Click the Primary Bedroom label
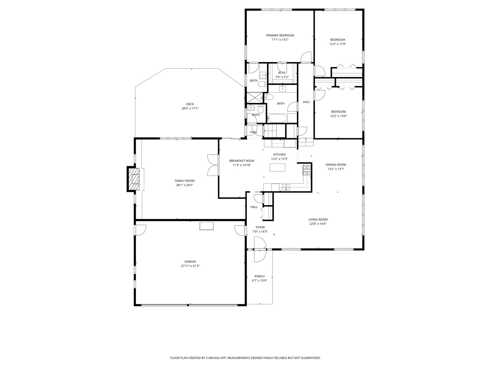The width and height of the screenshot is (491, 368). pyautogui.click(x=280, y=35)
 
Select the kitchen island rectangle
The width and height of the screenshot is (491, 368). pyautogui.click(x=278, y=167)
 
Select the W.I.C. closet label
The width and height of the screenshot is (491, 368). pyautogui.click(x=282, y=73)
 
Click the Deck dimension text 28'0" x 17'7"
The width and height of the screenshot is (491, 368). pyautogui.click(x=190, y=109)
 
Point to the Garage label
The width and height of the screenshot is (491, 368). pyautogui.click(x=190, y=262)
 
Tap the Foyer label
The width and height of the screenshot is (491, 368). pyautogui.click(x=260, y=227)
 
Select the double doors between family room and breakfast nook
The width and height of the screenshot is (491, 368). pyautogui.click(x=212, y=165)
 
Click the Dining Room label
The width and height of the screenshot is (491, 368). pyautogui.click(x=336, y=165)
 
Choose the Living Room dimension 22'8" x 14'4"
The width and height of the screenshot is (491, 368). pyautogui.click(x=318, y=224)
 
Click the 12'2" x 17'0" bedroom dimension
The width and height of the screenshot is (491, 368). pyautogui.click(x=338, y=44)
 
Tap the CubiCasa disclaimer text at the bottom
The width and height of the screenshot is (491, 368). pyautogui.click(x=245, y=358)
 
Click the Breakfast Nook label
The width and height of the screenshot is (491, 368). pyautogui.click(x=241, y=160)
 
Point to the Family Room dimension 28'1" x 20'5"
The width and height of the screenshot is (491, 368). pyautogui.click(x=184, y=185)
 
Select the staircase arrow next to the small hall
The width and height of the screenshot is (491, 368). pyautogui.click(x=269, y=130)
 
